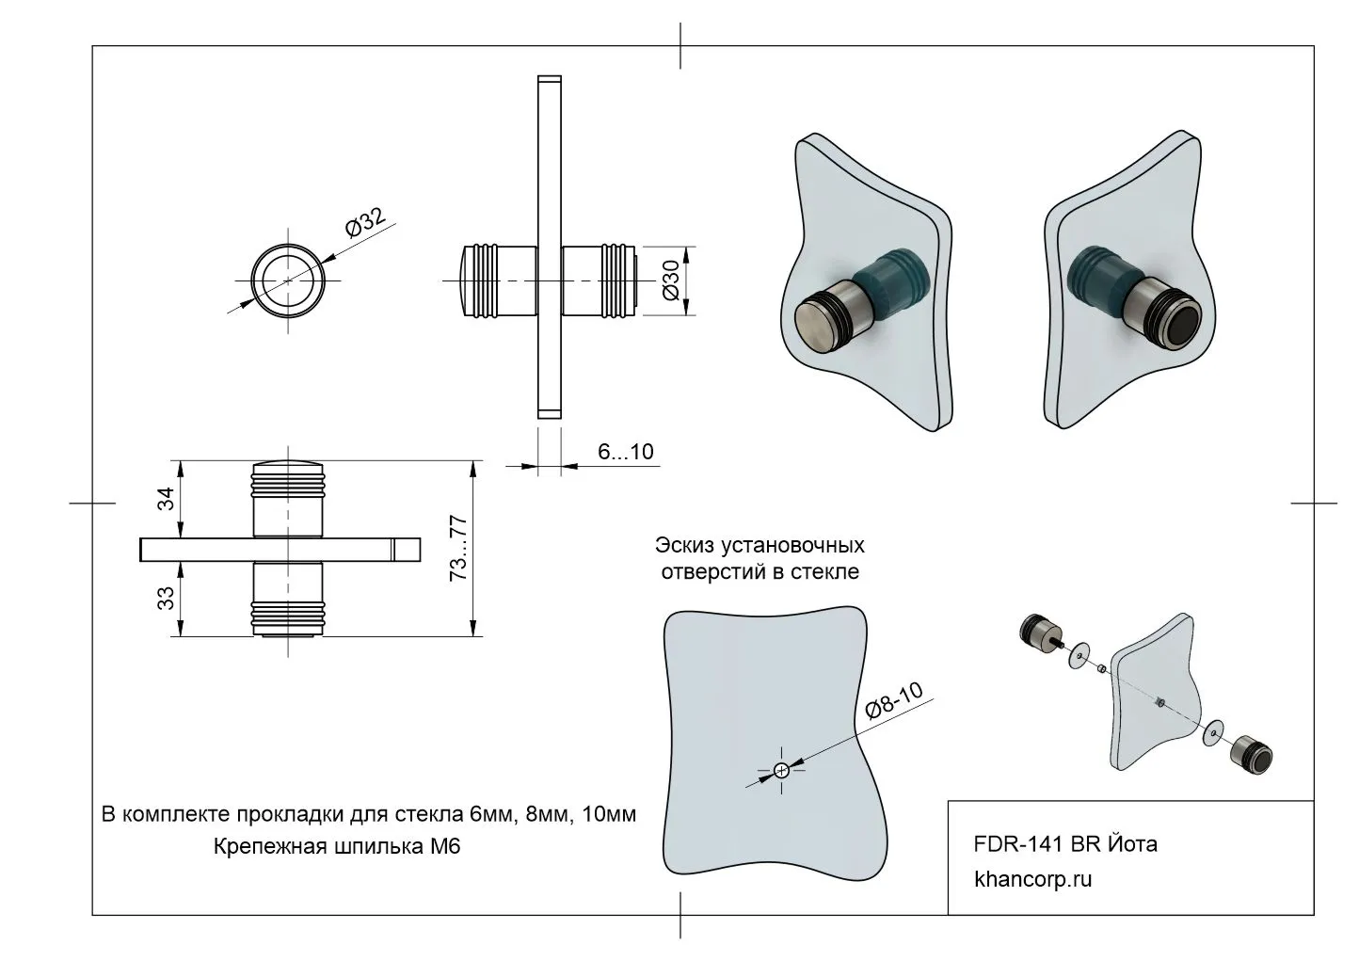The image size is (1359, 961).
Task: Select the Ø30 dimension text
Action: (x=672, y=280)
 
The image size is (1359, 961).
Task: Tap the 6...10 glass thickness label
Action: (x=626, y=453)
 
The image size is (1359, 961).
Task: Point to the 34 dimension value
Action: (x=167, y=499)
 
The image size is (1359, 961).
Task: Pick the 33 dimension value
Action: (x=167, y=599)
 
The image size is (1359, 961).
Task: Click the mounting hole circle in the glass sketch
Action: (x=780, y=771)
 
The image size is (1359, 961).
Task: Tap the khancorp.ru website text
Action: (x=1033, y=881)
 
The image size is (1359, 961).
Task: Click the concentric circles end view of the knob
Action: (x=289, y=280)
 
